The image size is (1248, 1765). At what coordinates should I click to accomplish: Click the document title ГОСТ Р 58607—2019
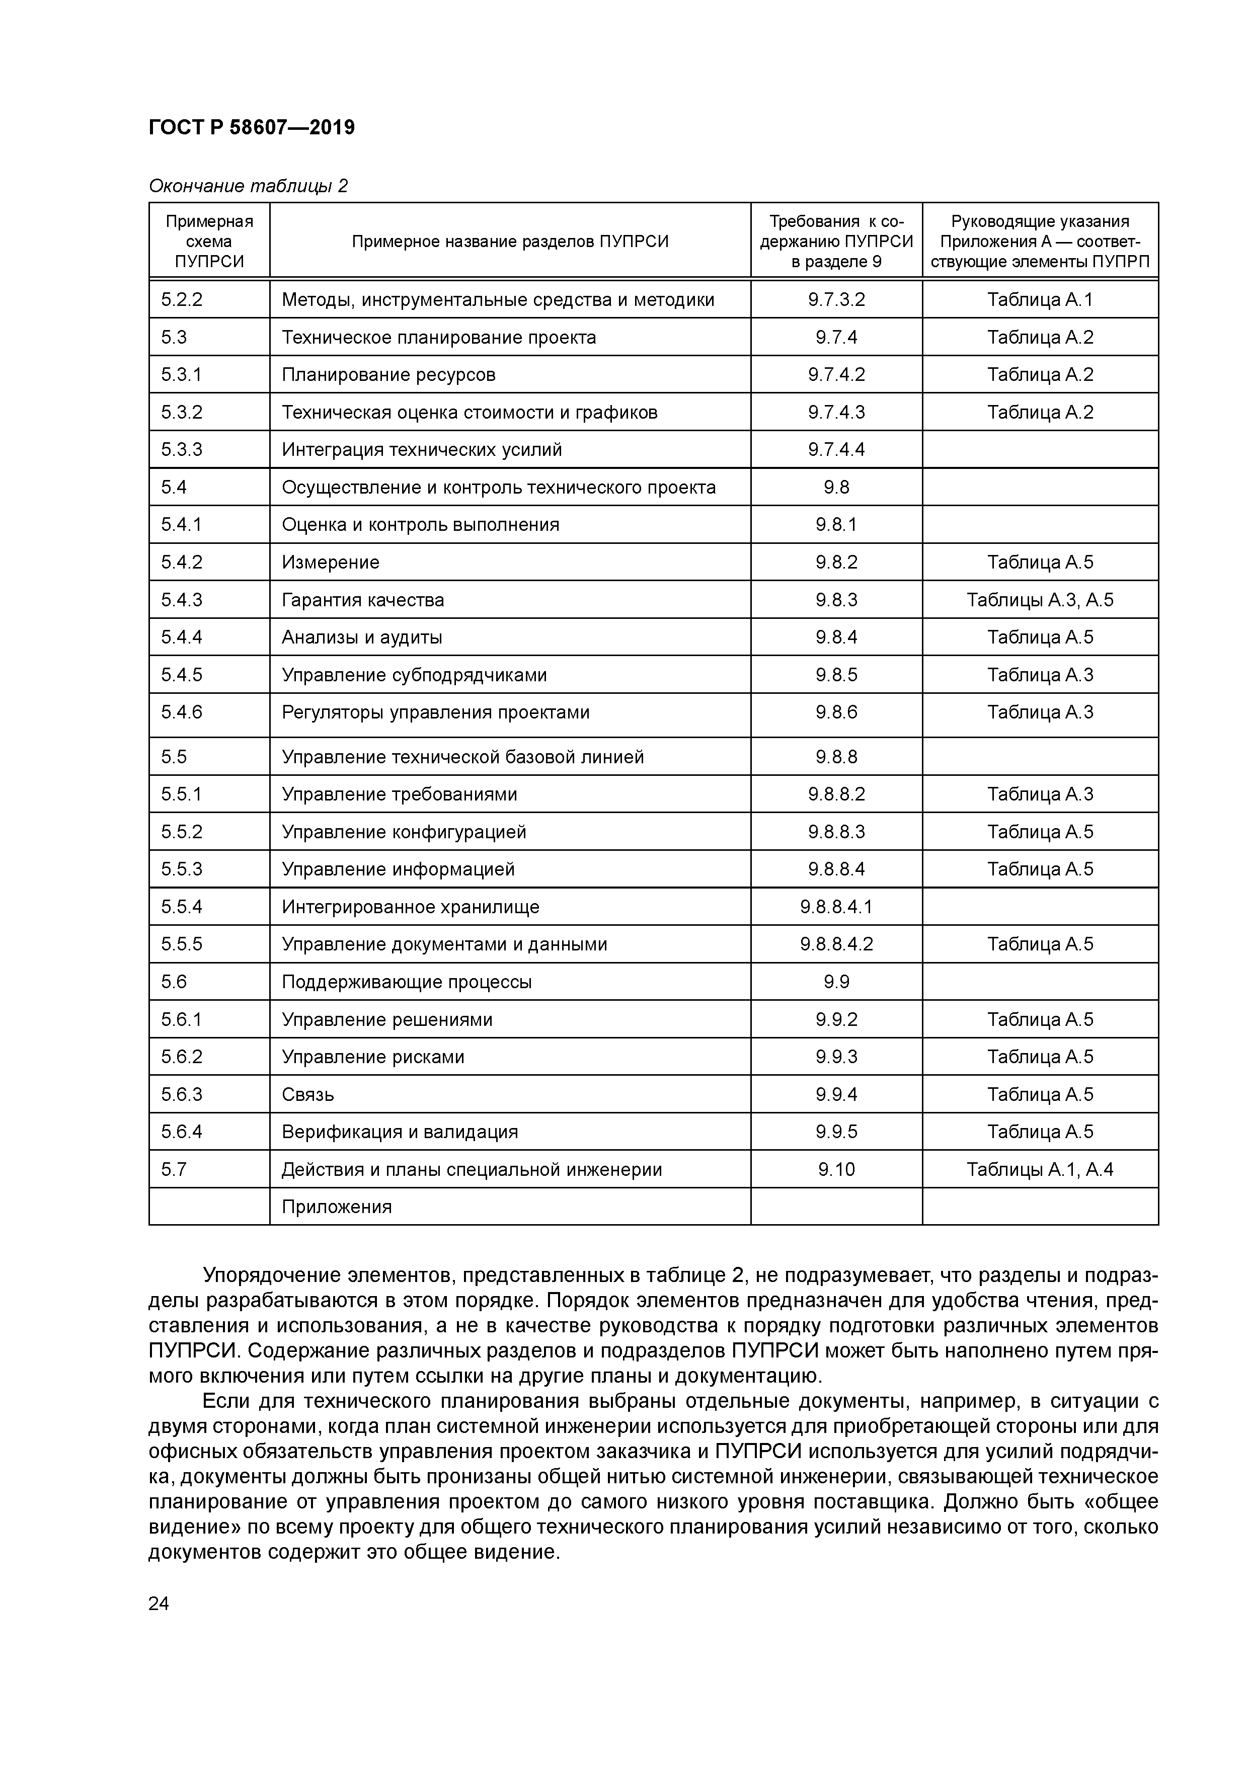tap(252, 128)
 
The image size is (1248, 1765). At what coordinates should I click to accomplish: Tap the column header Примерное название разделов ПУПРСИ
tap(510, 242)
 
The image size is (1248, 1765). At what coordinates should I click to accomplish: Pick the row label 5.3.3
tap(182, 450)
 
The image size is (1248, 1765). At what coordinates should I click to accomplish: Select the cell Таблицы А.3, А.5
tap(1040, 600)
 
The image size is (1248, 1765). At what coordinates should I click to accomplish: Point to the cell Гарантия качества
tap(363, 600)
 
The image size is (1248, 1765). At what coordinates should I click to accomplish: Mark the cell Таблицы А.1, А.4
tap(1040, 1170)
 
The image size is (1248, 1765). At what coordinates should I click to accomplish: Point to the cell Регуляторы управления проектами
tap(435, 712)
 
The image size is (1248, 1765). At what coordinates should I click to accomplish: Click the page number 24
tap(159, 1603)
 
